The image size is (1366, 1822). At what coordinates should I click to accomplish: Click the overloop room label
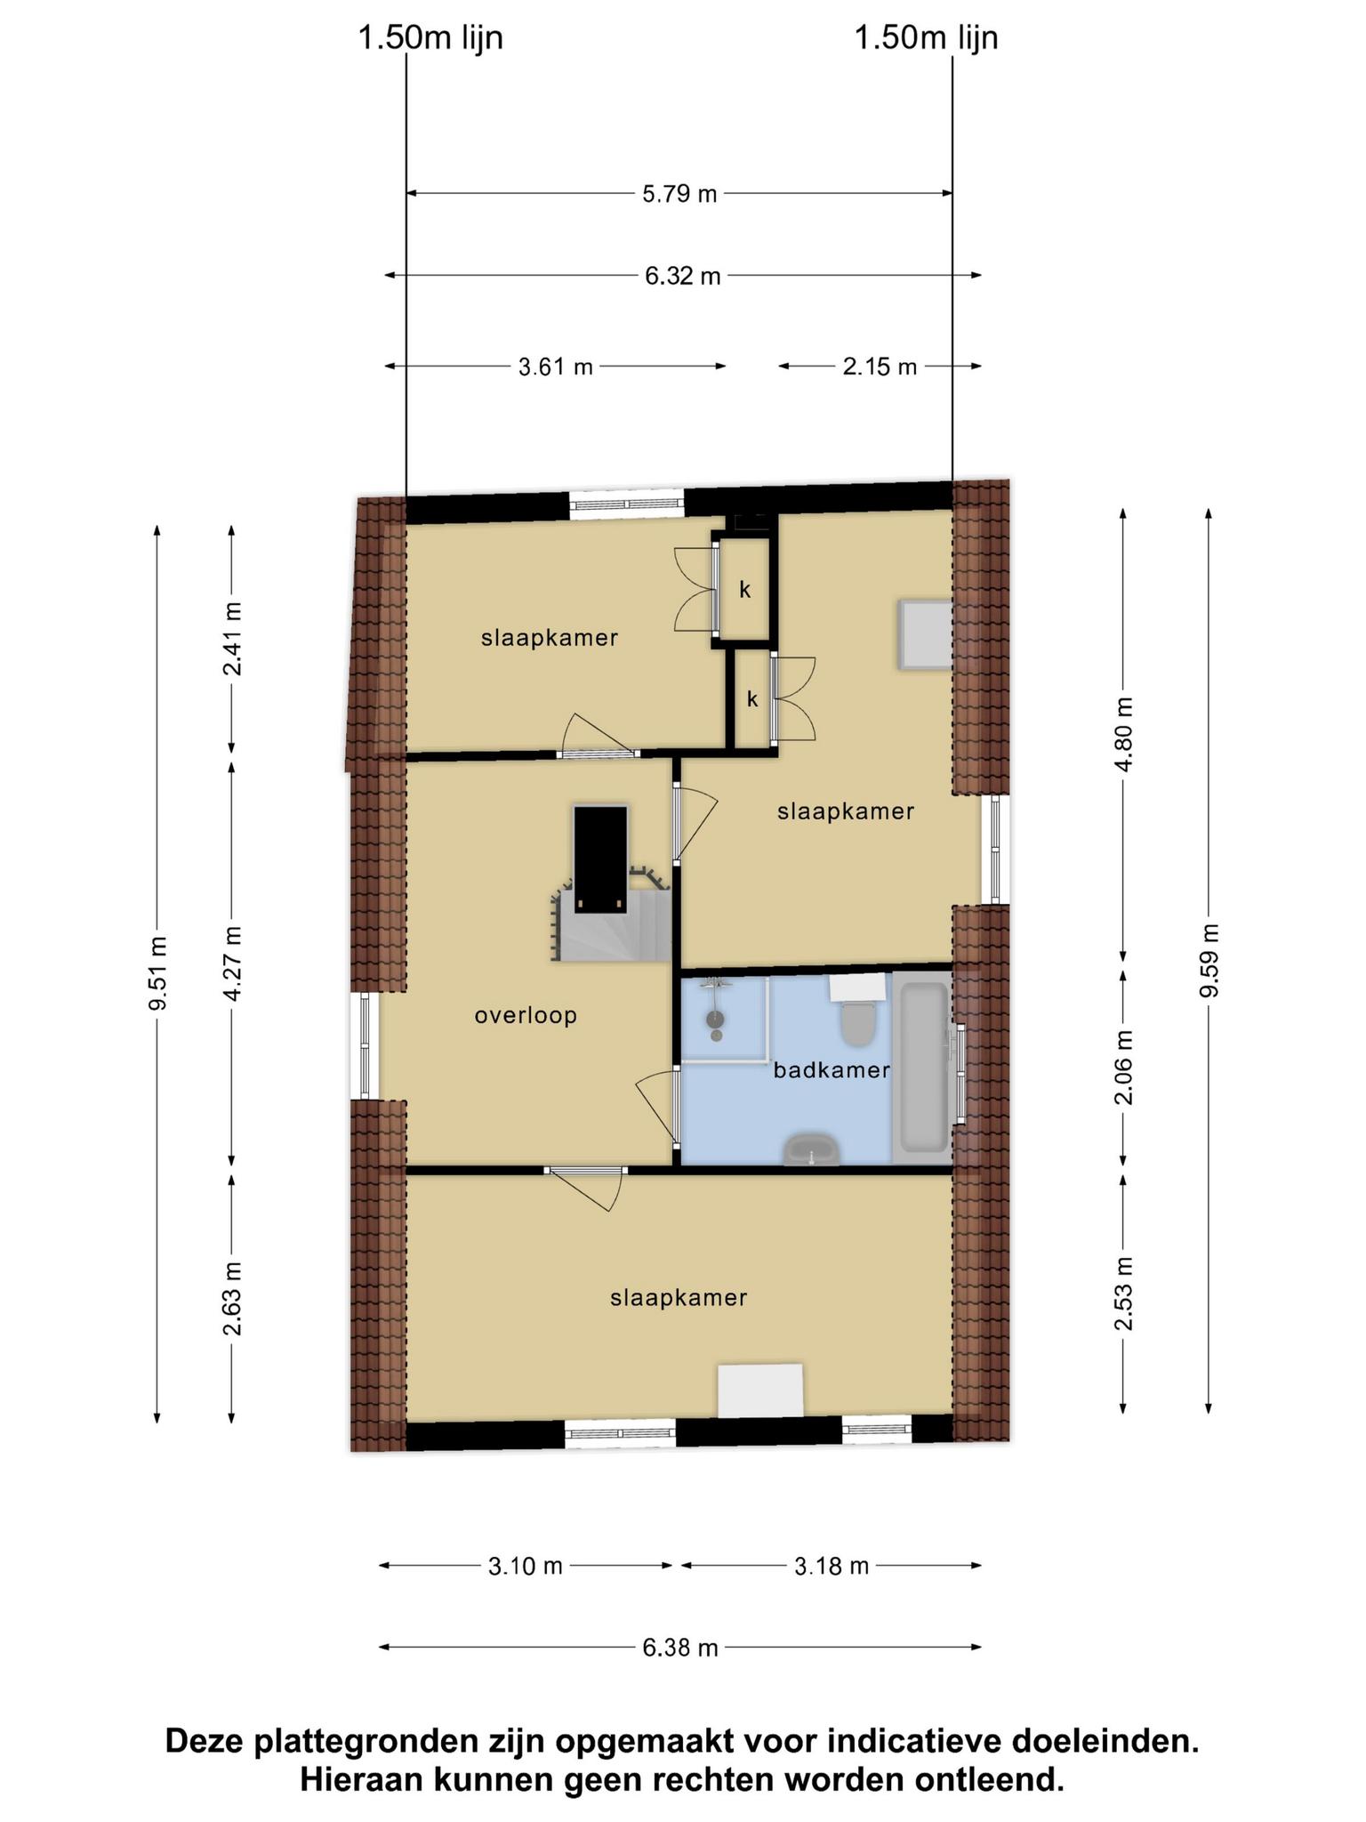pos(526,1015)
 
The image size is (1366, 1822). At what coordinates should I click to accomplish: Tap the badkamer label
pos(832,1070)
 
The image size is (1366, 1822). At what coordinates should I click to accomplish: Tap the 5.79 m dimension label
pos(679,193)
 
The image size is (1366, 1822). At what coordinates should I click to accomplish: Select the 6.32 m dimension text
pos(683,276)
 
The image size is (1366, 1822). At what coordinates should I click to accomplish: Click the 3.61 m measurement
pos(556,366)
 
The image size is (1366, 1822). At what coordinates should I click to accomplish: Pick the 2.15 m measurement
pos(880,366)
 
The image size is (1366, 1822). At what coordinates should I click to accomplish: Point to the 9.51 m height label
pos(157,973)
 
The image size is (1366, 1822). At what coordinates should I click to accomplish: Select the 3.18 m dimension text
pos(832,1565)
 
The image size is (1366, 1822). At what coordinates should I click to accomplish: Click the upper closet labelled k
pos(745,589)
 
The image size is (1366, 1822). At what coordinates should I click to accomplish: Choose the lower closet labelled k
pos(752,699)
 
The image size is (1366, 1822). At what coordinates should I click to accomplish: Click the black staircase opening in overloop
pos(601,859)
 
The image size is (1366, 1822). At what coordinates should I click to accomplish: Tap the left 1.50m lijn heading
pos(430,38)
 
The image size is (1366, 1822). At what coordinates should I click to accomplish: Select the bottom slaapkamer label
pos(679,1298)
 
